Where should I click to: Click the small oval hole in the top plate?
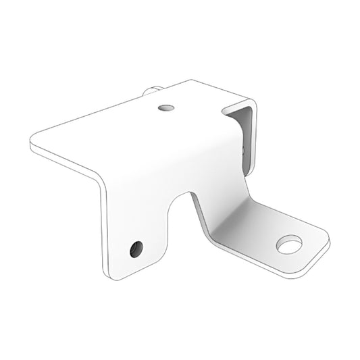[x=165, y=107]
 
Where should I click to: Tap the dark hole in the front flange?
[x=136, y=249]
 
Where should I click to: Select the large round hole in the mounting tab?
[x=289, y=244]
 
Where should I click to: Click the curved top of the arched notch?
[x=179, y=194]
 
